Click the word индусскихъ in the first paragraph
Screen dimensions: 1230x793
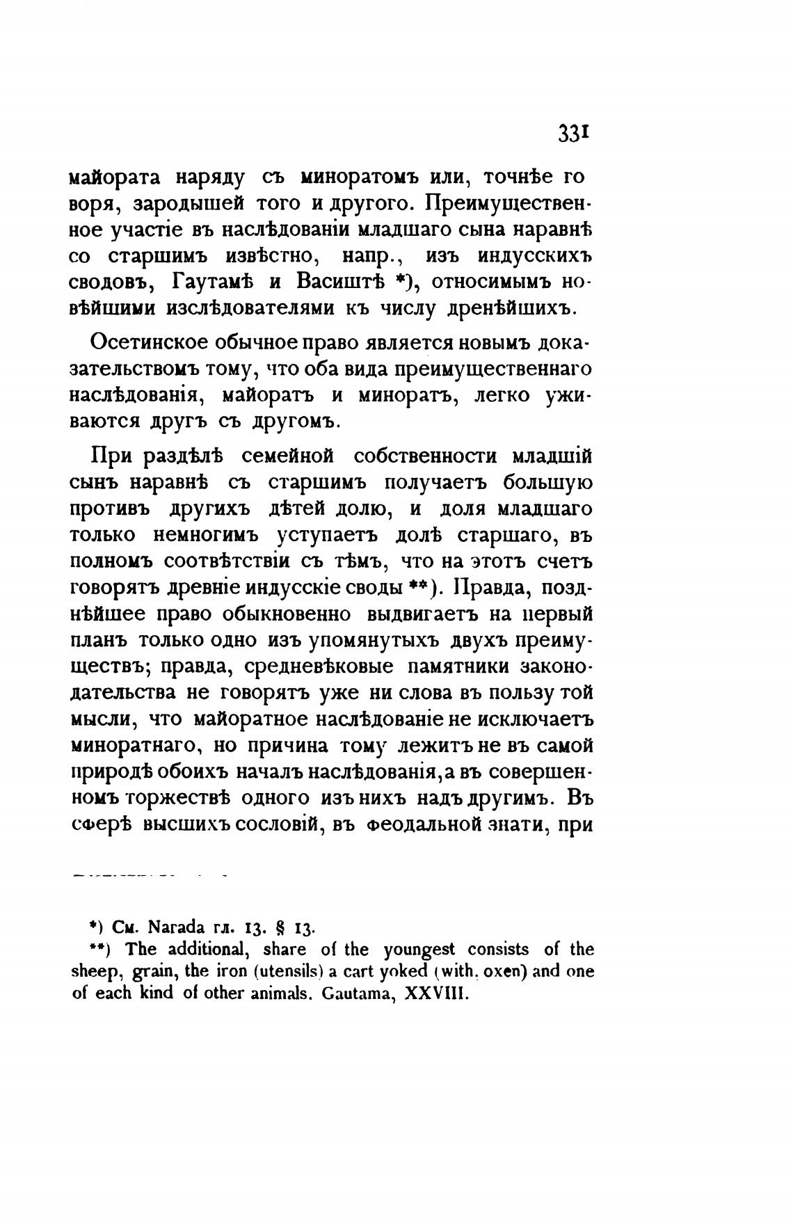point(535,255)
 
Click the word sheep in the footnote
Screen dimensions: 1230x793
point(93,971)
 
